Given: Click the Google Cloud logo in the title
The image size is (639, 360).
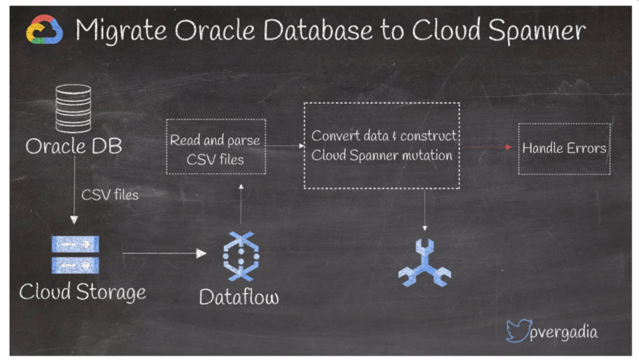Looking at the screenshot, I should [45, 30].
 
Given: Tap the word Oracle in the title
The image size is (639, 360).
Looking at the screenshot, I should [215, 30].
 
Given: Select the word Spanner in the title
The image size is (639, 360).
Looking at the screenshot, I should [537, 30].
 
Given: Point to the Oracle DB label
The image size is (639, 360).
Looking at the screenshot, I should [74, 146].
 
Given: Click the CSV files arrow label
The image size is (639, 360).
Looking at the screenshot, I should [110, 195].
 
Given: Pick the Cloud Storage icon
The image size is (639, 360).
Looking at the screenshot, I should [75, 254].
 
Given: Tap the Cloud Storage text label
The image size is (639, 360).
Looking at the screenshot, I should [82, 291].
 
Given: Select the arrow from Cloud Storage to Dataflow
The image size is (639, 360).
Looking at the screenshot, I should [164, 253].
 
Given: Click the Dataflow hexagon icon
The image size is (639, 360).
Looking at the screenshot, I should [241, 256].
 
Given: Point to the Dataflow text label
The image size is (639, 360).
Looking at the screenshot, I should [239, 297].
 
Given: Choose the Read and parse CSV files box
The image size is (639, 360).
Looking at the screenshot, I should [215, 147].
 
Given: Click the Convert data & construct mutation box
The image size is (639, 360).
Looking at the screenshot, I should [381, 145].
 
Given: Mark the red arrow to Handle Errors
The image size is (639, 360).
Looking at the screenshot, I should [487, 147].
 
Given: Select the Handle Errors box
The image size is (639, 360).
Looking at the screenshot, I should [564, 148].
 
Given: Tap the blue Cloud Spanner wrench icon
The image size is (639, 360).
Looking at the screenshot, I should [424, 264].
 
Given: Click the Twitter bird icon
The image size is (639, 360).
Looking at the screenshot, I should [518, 330].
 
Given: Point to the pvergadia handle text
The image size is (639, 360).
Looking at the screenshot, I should [564, 332].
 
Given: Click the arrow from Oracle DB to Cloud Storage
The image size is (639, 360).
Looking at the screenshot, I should [74, 189].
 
